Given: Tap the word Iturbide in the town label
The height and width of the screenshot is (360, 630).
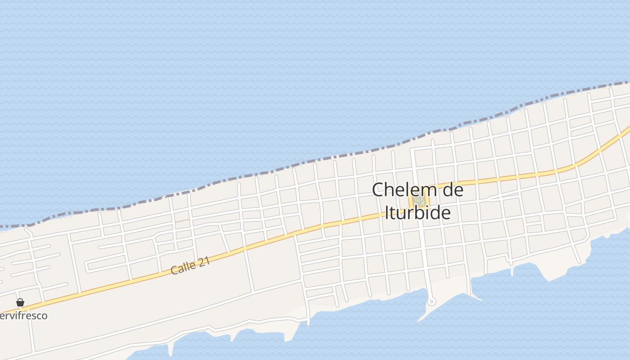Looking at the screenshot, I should click(418, 212).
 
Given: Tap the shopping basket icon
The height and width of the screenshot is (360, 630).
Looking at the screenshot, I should click(20, 303).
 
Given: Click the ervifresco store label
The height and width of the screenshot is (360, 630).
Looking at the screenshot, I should click(23, 315).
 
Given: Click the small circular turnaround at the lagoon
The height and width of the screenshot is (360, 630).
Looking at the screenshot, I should click(431, 301).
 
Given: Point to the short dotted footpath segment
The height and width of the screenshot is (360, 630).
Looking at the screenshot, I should click(182, 221).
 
